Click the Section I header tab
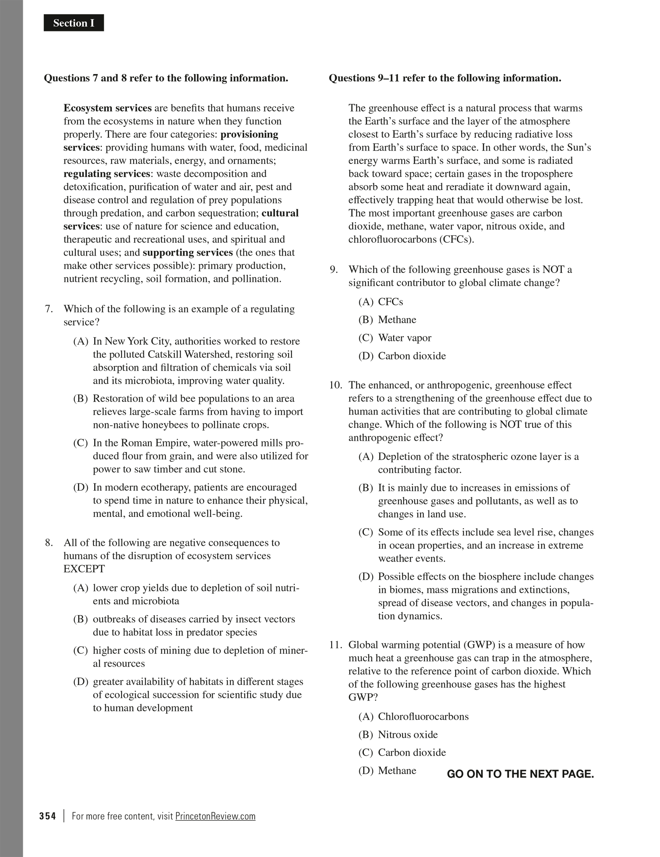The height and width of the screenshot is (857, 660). (74, 23)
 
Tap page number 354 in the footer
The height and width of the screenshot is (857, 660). (47, 816)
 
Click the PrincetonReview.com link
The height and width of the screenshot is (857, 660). (215, 816)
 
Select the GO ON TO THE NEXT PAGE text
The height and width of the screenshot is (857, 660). (520, 774)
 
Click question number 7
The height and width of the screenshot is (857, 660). (49, 309)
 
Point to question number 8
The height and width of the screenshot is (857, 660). (49, 543)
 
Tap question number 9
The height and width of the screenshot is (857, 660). (334, 270)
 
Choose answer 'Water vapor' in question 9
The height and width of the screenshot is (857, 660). (404, 338)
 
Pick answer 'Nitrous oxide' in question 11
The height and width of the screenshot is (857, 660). (407, 735)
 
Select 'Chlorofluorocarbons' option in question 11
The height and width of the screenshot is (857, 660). (423, 717)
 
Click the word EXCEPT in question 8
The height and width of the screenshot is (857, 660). (84, 569)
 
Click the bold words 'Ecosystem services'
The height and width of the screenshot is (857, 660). (107, 108)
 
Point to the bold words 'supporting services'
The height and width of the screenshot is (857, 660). (188, 253)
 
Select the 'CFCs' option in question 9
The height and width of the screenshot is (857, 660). (390, 302)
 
